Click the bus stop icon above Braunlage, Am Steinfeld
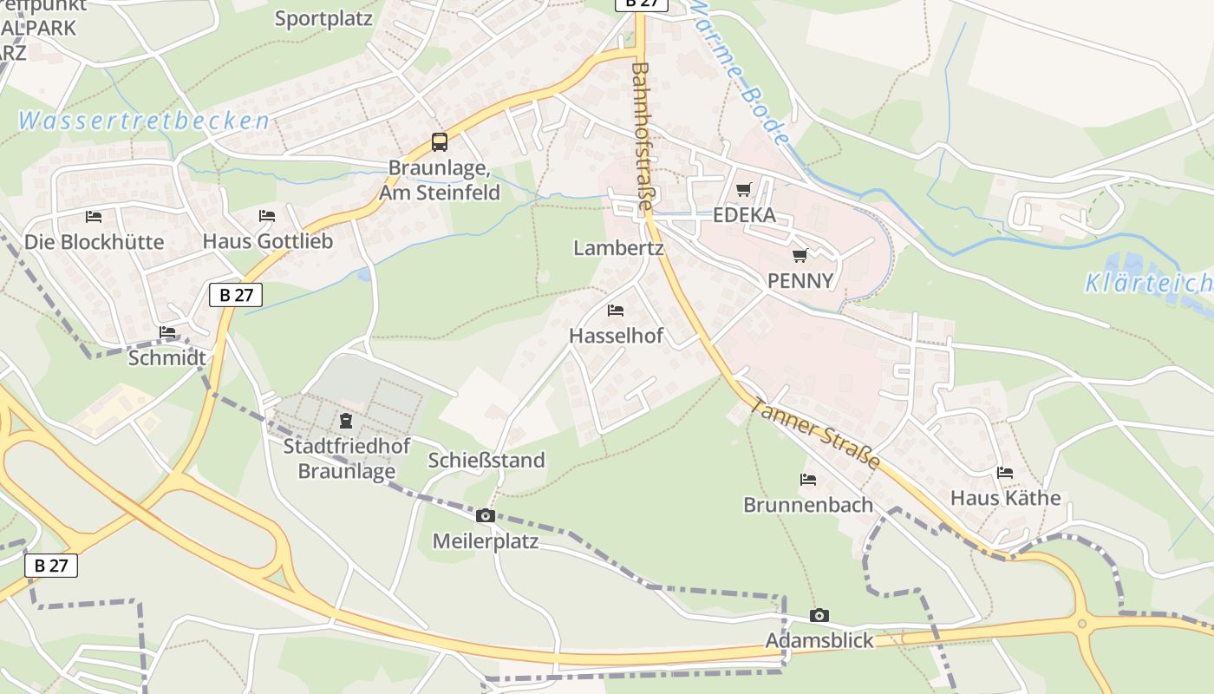pos(440,142)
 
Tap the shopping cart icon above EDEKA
pos(743,189)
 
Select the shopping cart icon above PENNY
pos(800,255)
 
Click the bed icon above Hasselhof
pos(616,310)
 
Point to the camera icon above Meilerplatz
pos(486,516)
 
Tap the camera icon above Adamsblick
pos(819,616)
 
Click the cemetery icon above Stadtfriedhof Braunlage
pos(346,422)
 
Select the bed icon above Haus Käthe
pos(1005,473)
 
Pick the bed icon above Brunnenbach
pos(808,479)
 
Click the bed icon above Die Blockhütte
pos(94,216)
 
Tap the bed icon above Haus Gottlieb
pos(267,216)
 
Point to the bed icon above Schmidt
pos(167,332)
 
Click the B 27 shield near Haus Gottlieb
pos(236,295)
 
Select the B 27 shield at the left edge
pos(51,566)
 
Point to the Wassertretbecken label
pos(143,121)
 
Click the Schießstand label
pos(486,460)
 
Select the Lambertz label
pos(618,248)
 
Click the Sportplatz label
pos(323,18)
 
